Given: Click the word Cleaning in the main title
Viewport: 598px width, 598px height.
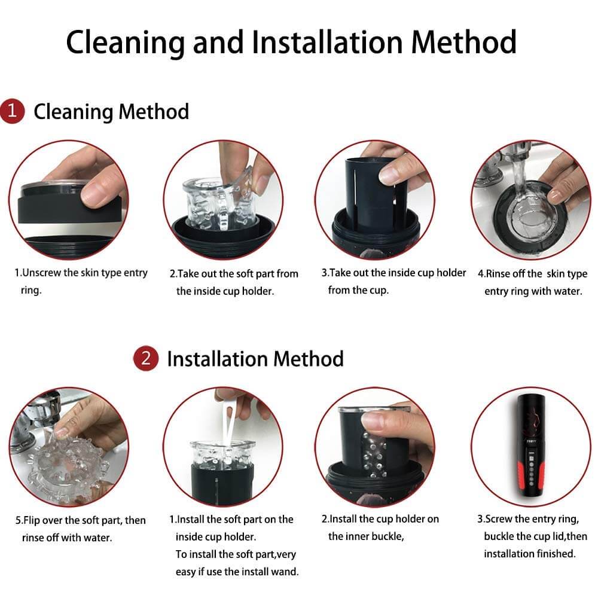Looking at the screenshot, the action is click(125, 42).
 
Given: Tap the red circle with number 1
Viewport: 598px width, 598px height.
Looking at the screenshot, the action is click(12, 111).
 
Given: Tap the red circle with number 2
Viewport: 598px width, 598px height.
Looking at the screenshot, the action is click(146, 358).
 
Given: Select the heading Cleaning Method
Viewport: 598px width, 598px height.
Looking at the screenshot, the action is click(111, 111).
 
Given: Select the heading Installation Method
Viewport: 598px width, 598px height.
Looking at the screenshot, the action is click(255, 359).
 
